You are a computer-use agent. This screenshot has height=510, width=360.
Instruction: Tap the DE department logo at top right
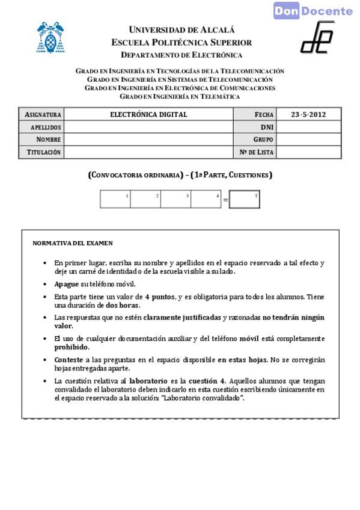(x=317, y=37)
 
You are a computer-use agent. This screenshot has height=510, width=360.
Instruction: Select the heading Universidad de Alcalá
(x=182, y=29)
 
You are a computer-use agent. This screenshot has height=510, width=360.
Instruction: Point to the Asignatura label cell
(x=43, y=114)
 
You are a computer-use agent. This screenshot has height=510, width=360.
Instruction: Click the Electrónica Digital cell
(x=148, y=114)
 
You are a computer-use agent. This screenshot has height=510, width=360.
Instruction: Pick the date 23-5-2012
(x=308, y=114)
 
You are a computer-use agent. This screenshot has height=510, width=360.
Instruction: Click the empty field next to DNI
(x=308, y=127)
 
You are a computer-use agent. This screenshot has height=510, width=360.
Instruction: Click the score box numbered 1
(x=115, y=199)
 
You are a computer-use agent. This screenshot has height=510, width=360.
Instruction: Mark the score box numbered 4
(x=206, y=199)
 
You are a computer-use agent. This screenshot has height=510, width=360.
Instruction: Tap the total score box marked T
(x=245, y=200)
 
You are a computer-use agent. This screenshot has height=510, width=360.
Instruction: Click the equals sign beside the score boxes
(x=225, y=200)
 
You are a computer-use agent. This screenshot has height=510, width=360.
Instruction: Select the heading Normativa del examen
(x=73, y=244)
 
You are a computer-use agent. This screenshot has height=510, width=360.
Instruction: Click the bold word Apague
(x=66, y=284)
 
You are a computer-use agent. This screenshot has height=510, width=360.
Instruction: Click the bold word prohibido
(x=72, y=347)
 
